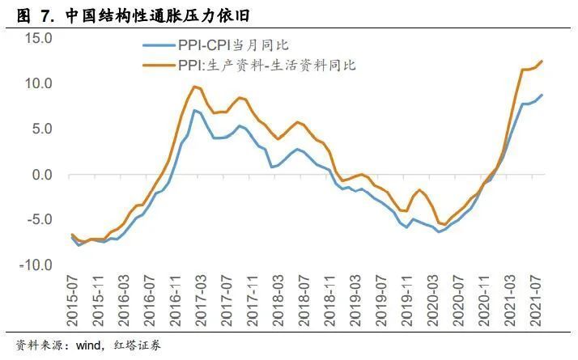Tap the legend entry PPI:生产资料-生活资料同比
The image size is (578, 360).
coord(266,65)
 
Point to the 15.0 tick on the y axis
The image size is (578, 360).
coord(38,38)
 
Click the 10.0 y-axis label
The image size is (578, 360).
coord(38,83)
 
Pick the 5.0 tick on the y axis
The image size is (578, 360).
coord(41,129)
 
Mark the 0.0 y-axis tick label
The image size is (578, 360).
coord(41,174)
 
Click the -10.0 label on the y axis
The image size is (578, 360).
coord(36,265)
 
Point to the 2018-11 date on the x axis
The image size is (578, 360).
coord(318,300)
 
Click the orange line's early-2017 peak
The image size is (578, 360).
coord(195,86)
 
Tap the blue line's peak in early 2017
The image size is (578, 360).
coord(194,110)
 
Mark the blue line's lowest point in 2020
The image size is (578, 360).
coord(440,232)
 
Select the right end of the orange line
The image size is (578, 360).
coord(542,61)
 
